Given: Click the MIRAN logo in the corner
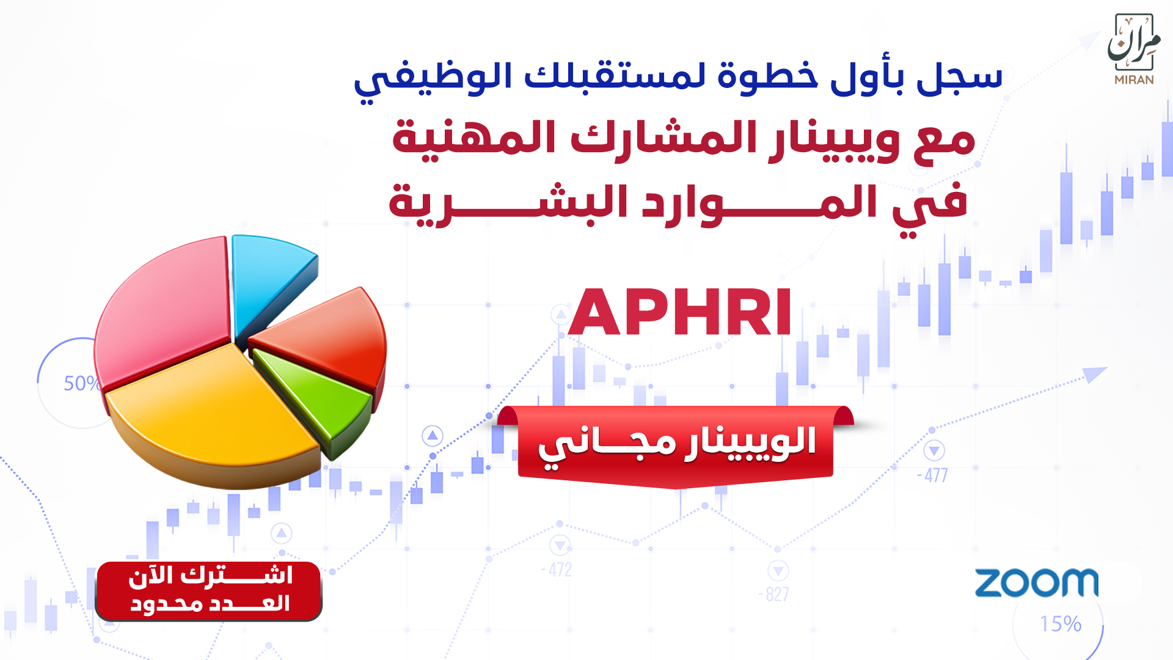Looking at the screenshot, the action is point(1134,49).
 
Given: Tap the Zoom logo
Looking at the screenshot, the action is point(1036,583).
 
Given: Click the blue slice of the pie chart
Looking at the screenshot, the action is point(269,281).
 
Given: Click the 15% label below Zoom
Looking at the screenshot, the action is point(1061,624).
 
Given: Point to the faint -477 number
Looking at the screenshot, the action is point(932,475).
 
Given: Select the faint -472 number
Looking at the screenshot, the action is point(557,570).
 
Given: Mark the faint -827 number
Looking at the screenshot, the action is point(773,594).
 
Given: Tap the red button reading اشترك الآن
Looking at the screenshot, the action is point(209,591).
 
